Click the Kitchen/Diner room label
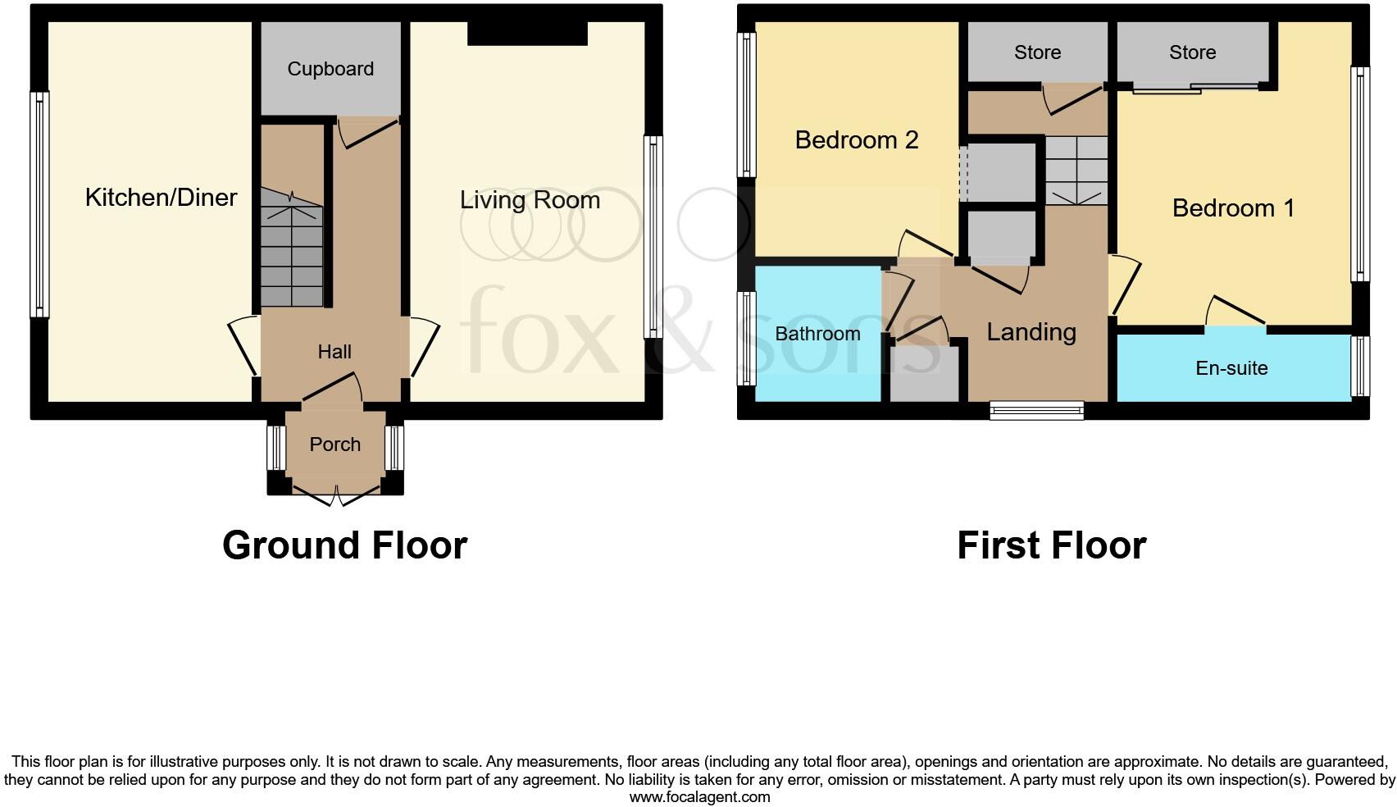[x=161, y=198]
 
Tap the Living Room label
[x=530, y=200]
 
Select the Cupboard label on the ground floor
[x=330, y=69]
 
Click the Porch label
[x=334, y=445]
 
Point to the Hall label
[x=334, y=352]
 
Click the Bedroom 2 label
[x=856, y=140]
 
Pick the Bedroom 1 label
[x=1232, y=208]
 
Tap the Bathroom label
[x=817, y=334]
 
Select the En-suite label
[x=1231, y=368]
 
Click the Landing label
[x=1031, y=332]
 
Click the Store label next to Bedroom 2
[x=1037, y=52]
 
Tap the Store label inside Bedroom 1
[x=1192, y=52]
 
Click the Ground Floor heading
[x=344, y=545]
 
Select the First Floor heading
[x=1051, y=545]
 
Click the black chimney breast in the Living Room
[x=527, y=34]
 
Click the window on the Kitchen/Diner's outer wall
[x=39, y=203]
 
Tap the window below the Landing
[x=1036, y=411]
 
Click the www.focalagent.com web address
[x=699, y=797]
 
